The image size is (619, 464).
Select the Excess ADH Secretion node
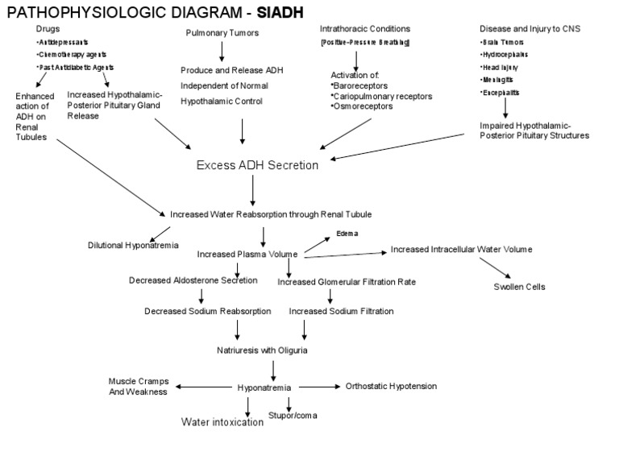click(x=258, y=165)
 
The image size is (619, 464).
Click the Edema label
click(x=347, y=234)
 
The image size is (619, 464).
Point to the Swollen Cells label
click(x=518, y=286)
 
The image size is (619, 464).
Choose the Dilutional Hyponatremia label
click(x=133, y=245)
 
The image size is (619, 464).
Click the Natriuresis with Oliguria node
click(x=262, y=350)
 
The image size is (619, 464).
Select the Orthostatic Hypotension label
click(x=391, y=386)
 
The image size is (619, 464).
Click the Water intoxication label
click(x=222, y=421)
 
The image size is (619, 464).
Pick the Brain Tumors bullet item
click(x=505, y=42)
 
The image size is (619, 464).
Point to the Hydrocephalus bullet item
click(x=508, y=54)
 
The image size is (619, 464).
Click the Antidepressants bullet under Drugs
click(x=62, y=42)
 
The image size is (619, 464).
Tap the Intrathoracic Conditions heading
click(x=364, y=29)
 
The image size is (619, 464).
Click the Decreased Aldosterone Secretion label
click(x=193, y=280)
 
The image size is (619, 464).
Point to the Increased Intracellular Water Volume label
click(x=461, y=250)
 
